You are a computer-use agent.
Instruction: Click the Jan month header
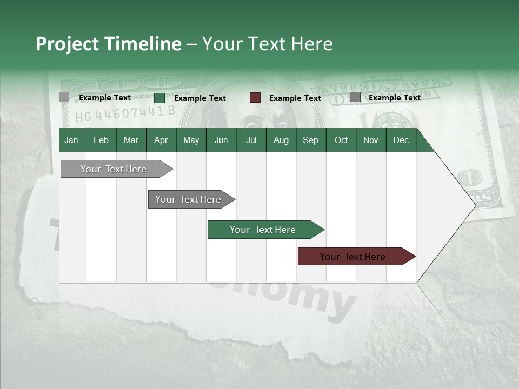tap(71, 140)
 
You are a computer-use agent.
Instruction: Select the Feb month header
tap(101, 140)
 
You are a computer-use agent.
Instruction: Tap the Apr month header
tap(161, 140)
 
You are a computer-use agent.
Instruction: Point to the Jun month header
tap(221, 140)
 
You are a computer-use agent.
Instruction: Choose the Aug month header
tap(281, 140)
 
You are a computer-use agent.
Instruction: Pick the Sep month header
tap(310, 140)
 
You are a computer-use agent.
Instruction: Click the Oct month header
tap(341, 140)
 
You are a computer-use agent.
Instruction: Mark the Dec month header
tap(401, 140)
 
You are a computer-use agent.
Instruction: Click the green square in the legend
tap(159, 98)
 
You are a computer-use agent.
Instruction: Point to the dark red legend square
tap(255, 98)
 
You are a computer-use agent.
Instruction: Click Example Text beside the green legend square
tap(200, 98)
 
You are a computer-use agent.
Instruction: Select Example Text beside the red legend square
tap(295, 98)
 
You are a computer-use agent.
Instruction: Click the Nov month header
tap(370, 140)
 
